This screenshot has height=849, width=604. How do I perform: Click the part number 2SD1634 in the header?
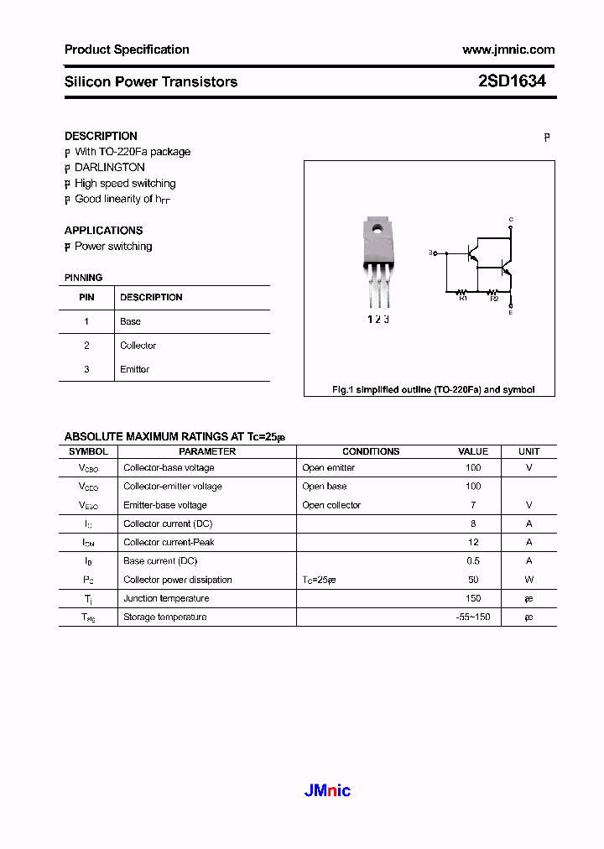pos(512,81)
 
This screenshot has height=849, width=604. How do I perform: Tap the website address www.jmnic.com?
pos(508,49)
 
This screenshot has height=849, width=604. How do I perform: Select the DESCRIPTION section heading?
pos(101,136)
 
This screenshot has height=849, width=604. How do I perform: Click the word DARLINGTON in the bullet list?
pos(110,168)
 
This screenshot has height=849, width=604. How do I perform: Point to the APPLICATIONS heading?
pos(103,231)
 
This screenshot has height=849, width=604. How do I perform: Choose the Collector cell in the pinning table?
pos(138,346)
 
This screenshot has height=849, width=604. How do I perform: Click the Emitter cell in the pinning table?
pos(135,369)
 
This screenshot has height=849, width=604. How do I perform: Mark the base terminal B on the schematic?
pos(431,252)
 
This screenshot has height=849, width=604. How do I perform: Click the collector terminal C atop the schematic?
pos(511,220)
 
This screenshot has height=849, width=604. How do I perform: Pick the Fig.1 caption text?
pos(433,390)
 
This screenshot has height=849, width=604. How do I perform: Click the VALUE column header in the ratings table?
pos(473,451)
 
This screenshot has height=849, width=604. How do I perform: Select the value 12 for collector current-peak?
pos(473,542)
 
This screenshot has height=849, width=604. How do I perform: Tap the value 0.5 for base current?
pos(473,561)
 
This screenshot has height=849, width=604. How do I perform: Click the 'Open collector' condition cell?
pos(331,505)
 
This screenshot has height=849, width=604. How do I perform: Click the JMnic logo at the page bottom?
pos(325,790)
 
